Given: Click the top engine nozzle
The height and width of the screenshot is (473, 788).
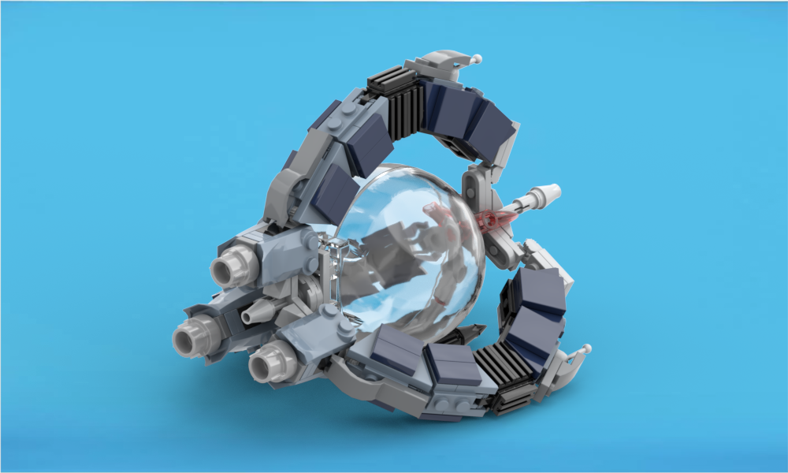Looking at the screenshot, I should click(x=225, y=268).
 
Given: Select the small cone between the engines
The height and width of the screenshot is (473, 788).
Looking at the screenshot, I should click(x=251, y=315).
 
